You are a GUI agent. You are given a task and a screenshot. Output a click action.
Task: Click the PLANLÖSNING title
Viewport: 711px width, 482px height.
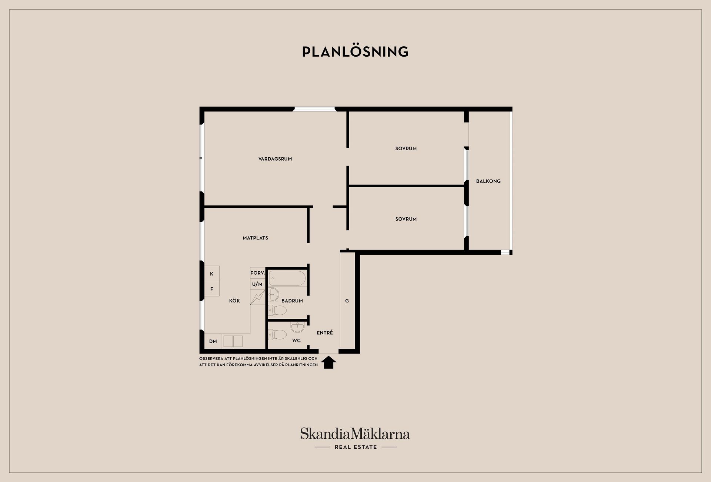point(355,52)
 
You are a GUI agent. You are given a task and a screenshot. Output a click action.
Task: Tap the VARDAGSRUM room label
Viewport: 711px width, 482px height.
point(275,159)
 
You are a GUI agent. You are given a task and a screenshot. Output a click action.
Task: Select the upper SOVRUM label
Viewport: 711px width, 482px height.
point(406,148)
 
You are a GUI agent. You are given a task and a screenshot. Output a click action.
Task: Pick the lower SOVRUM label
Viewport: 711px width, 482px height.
point(406,219)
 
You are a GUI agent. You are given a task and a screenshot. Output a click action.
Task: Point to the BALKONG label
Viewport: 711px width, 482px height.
point(488,181)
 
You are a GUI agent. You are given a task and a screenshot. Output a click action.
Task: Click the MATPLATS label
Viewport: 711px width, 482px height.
point(255,238)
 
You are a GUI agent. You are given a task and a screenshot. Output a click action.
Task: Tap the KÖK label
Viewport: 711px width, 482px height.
point(234,301)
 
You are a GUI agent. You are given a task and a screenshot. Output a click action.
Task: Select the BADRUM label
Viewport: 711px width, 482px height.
point(292,301)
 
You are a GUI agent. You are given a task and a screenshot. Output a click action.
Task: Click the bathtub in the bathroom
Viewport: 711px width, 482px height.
point(287,278)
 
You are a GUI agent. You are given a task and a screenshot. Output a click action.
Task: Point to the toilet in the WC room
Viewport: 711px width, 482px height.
point(277,335)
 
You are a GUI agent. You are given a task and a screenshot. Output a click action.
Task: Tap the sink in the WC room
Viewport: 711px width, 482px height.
point(297,327)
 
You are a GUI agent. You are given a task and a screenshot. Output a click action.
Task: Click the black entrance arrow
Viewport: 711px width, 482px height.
point(328,362)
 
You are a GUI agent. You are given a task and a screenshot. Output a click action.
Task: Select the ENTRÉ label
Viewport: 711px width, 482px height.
point(325,333)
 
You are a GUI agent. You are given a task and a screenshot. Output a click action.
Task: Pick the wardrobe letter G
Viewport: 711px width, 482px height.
point(347,301)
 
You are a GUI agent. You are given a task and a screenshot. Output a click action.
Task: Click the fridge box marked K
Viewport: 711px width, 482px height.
point(212,274)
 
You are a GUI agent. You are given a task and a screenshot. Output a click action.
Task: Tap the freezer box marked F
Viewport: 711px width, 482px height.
point(212,289)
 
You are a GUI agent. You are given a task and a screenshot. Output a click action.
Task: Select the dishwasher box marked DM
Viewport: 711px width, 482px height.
point(213,341)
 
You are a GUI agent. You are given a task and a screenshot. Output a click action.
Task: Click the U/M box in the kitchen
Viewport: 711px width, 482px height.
point(257,284)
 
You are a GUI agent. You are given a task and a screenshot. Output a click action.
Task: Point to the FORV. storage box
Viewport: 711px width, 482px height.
point(257,273)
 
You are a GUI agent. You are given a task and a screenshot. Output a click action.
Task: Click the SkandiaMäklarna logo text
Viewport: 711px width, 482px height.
point(355,434)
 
